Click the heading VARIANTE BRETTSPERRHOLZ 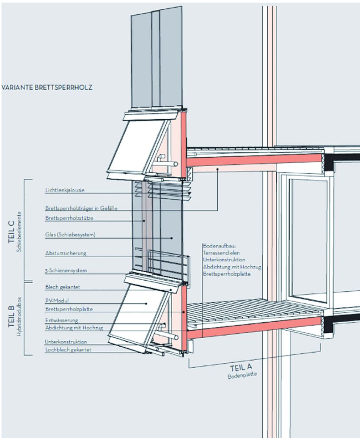pos(47,88)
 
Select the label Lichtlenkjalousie pos(65,190)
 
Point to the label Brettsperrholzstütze pos(69,218)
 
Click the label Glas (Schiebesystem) pos(70,235)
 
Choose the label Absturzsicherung pos(66,253)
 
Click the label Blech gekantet pos(62,287)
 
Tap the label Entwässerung pos(61,320)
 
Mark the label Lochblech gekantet pos(68,350)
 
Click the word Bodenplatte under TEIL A pos(242,375)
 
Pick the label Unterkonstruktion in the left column pos(66,342)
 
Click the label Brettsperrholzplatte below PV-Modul pos(69,309)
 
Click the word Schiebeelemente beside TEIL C pos(19,231)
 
